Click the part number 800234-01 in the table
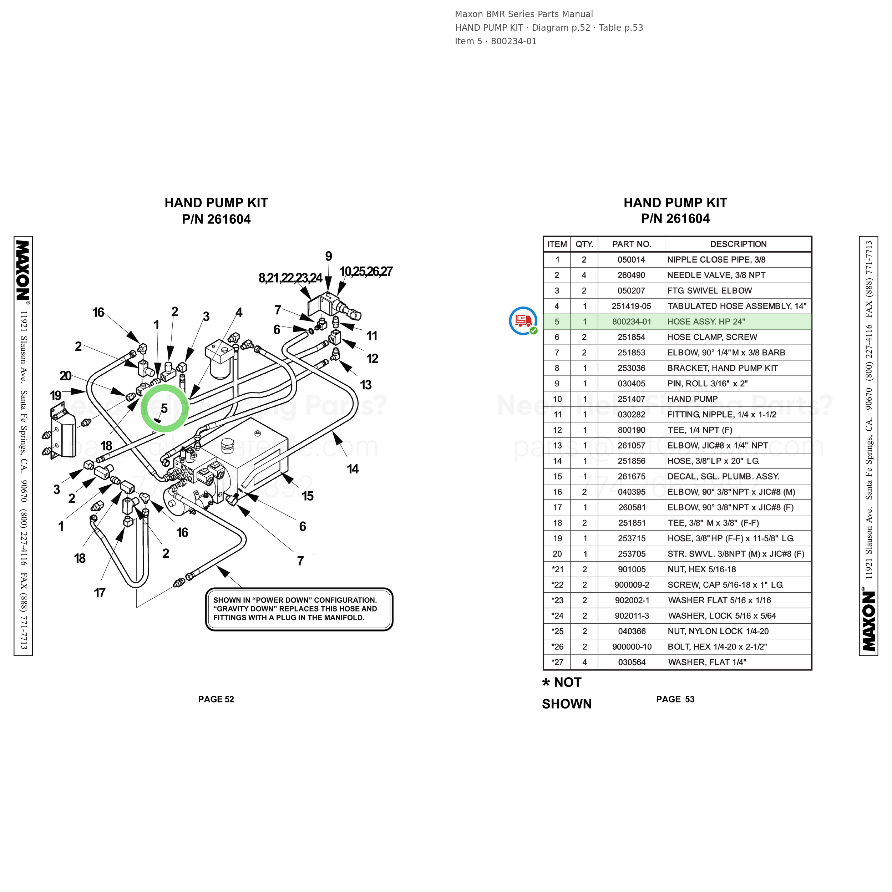(631, 322)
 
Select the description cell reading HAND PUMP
(692, 399)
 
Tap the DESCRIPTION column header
(738, 244)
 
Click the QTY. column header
(584, 244)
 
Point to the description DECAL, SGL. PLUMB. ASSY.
(723, 476)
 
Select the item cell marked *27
(557, 662)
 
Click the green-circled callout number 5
(164, 409)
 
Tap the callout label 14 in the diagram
(353, 469)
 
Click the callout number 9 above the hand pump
(328, 256)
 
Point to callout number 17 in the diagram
(100, 593)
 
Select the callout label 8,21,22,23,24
(290, 278)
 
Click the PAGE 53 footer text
(675, 699)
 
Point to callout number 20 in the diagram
(66, 376)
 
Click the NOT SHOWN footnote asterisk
(546, 683)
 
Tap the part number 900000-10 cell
(632, 647)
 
